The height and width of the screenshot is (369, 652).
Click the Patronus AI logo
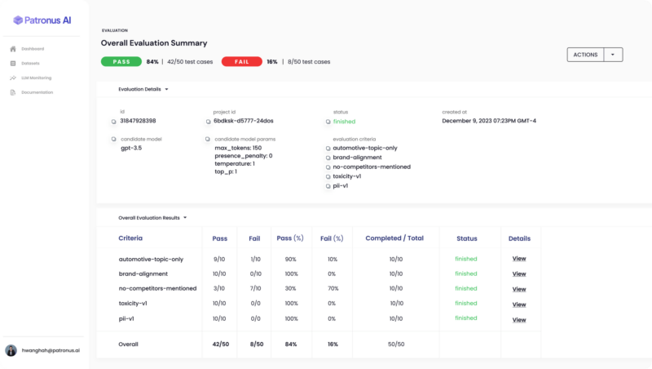(x=42, y=20)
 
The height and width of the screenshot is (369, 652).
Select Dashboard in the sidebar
(x=33, y=49)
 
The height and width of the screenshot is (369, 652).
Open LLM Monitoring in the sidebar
(x=37, y=78)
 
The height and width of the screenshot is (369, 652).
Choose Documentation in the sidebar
(x=37, y=92)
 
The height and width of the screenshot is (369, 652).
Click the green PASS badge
(x=121, y=61)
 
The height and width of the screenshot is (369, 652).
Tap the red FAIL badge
(x=241, y=61)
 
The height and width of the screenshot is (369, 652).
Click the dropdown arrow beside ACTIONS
(x=614, y=55)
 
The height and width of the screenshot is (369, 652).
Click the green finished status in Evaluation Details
(x=344, y=121)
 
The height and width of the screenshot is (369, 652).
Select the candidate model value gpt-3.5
(x=131, y=148)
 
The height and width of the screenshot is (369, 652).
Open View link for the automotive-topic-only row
(x=519, y=259)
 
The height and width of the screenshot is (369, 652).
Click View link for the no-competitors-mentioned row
(x=519, y=288)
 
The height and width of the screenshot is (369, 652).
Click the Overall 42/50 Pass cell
(x=219, y=344)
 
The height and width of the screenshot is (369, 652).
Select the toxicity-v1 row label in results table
(x=133, y=303)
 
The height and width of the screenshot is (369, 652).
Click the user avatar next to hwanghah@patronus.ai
(x=11, y=350)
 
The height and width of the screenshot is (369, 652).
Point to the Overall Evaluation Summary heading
(x=154, y=42)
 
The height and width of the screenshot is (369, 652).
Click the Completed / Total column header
(x=395, y=238)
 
